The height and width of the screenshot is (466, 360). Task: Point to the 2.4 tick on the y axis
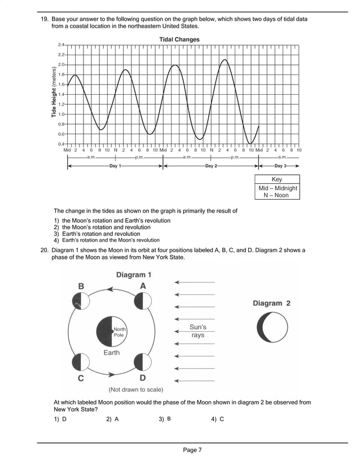(x=61, y=45)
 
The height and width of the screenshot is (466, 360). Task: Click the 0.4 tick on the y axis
(x=61, y=144)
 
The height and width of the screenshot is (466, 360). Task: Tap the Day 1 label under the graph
(x=115, y=166)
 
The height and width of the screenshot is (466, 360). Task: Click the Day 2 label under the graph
(x=211, y=166)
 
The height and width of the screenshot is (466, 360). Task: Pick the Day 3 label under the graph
(x=280, y=166)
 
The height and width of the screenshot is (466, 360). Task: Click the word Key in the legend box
(x=276, y=179)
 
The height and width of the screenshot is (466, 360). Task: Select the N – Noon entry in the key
(x=276, y=195)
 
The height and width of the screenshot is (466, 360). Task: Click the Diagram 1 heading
(x=134, y=275)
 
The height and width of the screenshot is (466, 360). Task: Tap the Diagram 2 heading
(x=271, y=303)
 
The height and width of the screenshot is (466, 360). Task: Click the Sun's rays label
(x=197, y=331)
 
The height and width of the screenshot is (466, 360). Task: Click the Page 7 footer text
(x=192, y=450)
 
